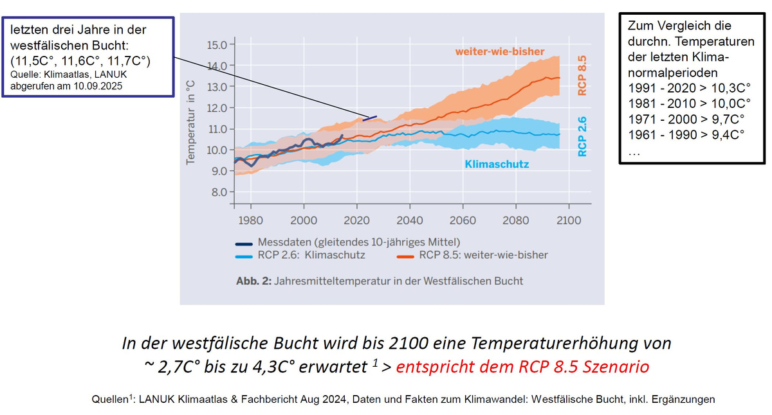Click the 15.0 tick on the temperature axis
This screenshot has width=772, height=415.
coord(216,45)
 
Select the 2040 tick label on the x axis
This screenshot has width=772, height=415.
coord(410,220)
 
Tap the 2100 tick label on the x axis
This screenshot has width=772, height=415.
coord(569,220)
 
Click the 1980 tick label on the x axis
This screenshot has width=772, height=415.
coord(250,220)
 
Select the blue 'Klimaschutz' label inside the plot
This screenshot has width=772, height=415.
coord(497,164)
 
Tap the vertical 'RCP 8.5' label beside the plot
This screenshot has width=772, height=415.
coord(583,75)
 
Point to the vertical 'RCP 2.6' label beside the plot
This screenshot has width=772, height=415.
coord(583,136)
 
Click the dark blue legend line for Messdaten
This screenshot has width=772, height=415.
coord(244,243)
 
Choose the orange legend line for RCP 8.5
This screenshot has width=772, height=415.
coord(404,255)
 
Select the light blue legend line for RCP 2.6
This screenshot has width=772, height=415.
coord(244,255)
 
